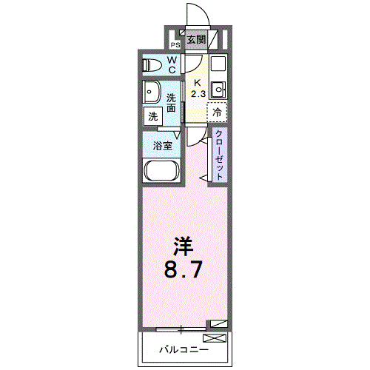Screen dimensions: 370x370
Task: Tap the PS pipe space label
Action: pyautogui.click(x=175, y=44)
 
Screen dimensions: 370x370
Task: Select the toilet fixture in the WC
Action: pyautogui.click(x=151, y=64)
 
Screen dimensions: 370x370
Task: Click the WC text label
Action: pyautogui.click(x=172, y=65)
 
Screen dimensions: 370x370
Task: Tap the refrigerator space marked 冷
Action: pyautogui.click(x=218, y=112)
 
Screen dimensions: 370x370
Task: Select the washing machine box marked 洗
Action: pyautogui.click(x=152, y=116)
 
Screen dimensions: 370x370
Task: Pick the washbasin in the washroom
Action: pyautogui.click(x=152, y=92)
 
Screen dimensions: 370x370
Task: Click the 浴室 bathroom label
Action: pyautogui.click(x=163, y=146)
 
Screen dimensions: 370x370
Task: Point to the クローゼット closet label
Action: pyautogui.click(x=220, y=155)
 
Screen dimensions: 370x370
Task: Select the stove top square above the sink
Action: pyautogui.click(x=218, y=64)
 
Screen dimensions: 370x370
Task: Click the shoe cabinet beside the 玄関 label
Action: pyautogui.click(x=214, y=40)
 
